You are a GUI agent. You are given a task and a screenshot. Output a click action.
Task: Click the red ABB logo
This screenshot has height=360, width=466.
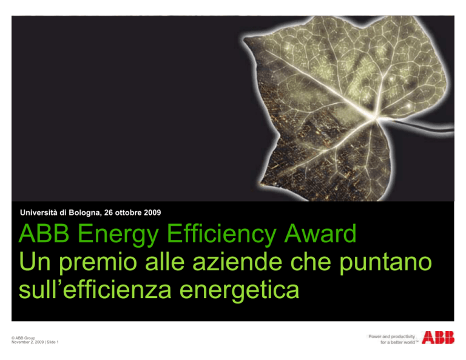click(x=438, y=338)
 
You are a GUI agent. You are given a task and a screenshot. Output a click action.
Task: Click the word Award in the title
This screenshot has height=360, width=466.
click(x=320, y=234)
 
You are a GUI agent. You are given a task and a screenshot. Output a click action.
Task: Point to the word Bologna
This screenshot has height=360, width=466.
click(x=85, y=213)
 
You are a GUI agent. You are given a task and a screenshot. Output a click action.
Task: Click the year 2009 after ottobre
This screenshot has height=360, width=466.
click(x=152, y=212)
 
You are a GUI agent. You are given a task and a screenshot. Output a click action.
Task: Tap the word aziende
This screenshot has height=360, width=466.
click(x=237, y=262)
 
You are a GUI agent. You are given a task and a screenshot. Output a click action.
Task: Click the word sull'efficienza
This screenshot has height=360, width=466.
click(x=95, y=289)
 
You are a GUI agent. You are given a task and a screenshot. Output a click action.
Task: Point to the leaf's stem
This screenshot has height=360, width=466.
click(x=416, y=126)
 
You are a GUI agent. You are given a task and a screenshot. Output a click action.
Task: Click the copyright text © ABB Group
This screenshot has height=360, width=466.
click(x=23, y=338)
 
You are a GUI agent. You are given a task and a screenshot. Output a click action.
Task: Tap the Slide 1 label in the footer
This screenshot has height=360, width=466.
click(x=53, y=342)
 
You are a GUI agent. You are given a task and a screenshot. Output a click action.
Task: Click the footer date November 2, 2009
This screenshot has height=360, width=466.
click(x=28, y=342)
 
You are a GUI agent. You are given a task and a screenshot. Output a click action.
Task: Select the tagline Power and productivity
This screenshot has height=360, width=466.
click(x=392, y=336)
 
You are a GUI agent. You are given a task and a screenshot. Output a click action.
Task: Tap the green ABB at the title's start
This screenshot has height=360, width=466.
click(x=44, y=234)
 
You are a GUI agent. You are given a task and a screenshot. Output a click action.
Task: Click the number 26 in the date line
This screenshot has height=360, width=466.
click(x=109, y=212)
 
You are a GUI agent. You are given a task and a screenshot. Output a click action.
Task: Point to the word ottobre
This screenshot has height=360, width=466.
click(x=129, y=212)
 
